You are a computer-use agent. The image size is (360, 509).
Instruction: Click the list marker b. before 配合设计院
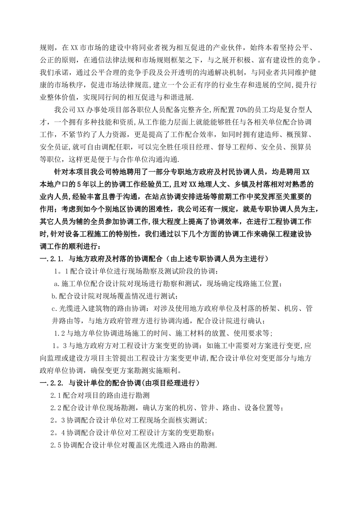(53, 296)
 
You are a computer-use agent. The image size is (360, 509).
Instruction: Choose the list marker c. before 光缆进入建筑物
(53, 308)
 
